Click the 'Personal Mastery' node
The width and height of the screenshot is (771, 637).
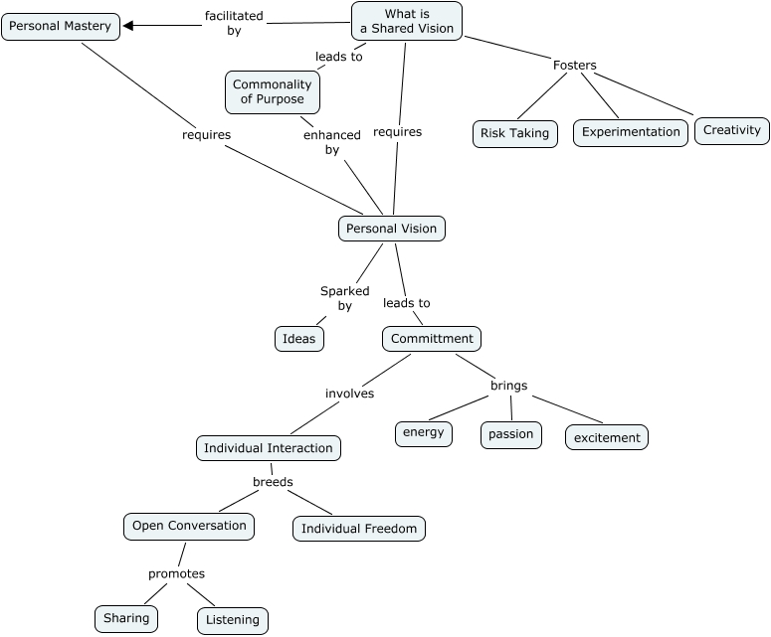tap(61, 26)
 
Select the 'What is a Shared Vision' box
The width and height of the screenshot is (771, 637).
tap(406, 21)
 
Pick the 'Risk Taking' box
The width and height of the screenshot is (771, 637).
tap(514, 133)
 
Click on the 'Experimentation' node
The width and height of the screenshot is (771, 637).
tap(631, 132)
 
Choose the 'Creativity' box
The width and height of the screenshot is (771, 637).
tap(731, 130)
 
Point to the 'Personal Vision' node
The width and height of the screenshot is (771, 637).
tap(391, 229)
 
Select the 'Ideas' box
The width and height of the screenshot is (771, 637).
tap(298, 339)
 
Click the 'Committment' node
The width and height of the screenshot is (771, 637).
tap(431, 339)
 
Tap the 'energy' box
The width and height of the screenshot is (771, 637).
tap(424, 433)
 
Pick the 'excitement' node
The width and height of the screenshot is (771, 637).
tap(607, 437)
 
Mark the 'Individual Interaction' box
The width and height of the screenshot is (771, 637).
tap(269, 448)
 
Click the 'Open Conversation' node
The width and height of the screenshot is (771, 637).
tap(189, 526)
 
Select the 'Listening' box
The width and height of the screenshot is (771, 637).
tap(232, 620)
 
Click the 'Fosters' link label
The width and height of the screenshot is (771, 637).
tap(574, 66)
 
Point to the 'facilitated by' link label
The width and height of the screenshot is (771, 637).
tap(234, 23)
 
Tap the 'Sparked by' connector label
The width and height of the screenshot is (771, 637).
tap(344, 298)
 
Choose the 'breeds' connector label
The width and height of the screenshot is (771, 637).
tap(273, 482)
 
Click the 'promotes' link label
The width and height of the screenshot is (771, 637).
tap(176, 573)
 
